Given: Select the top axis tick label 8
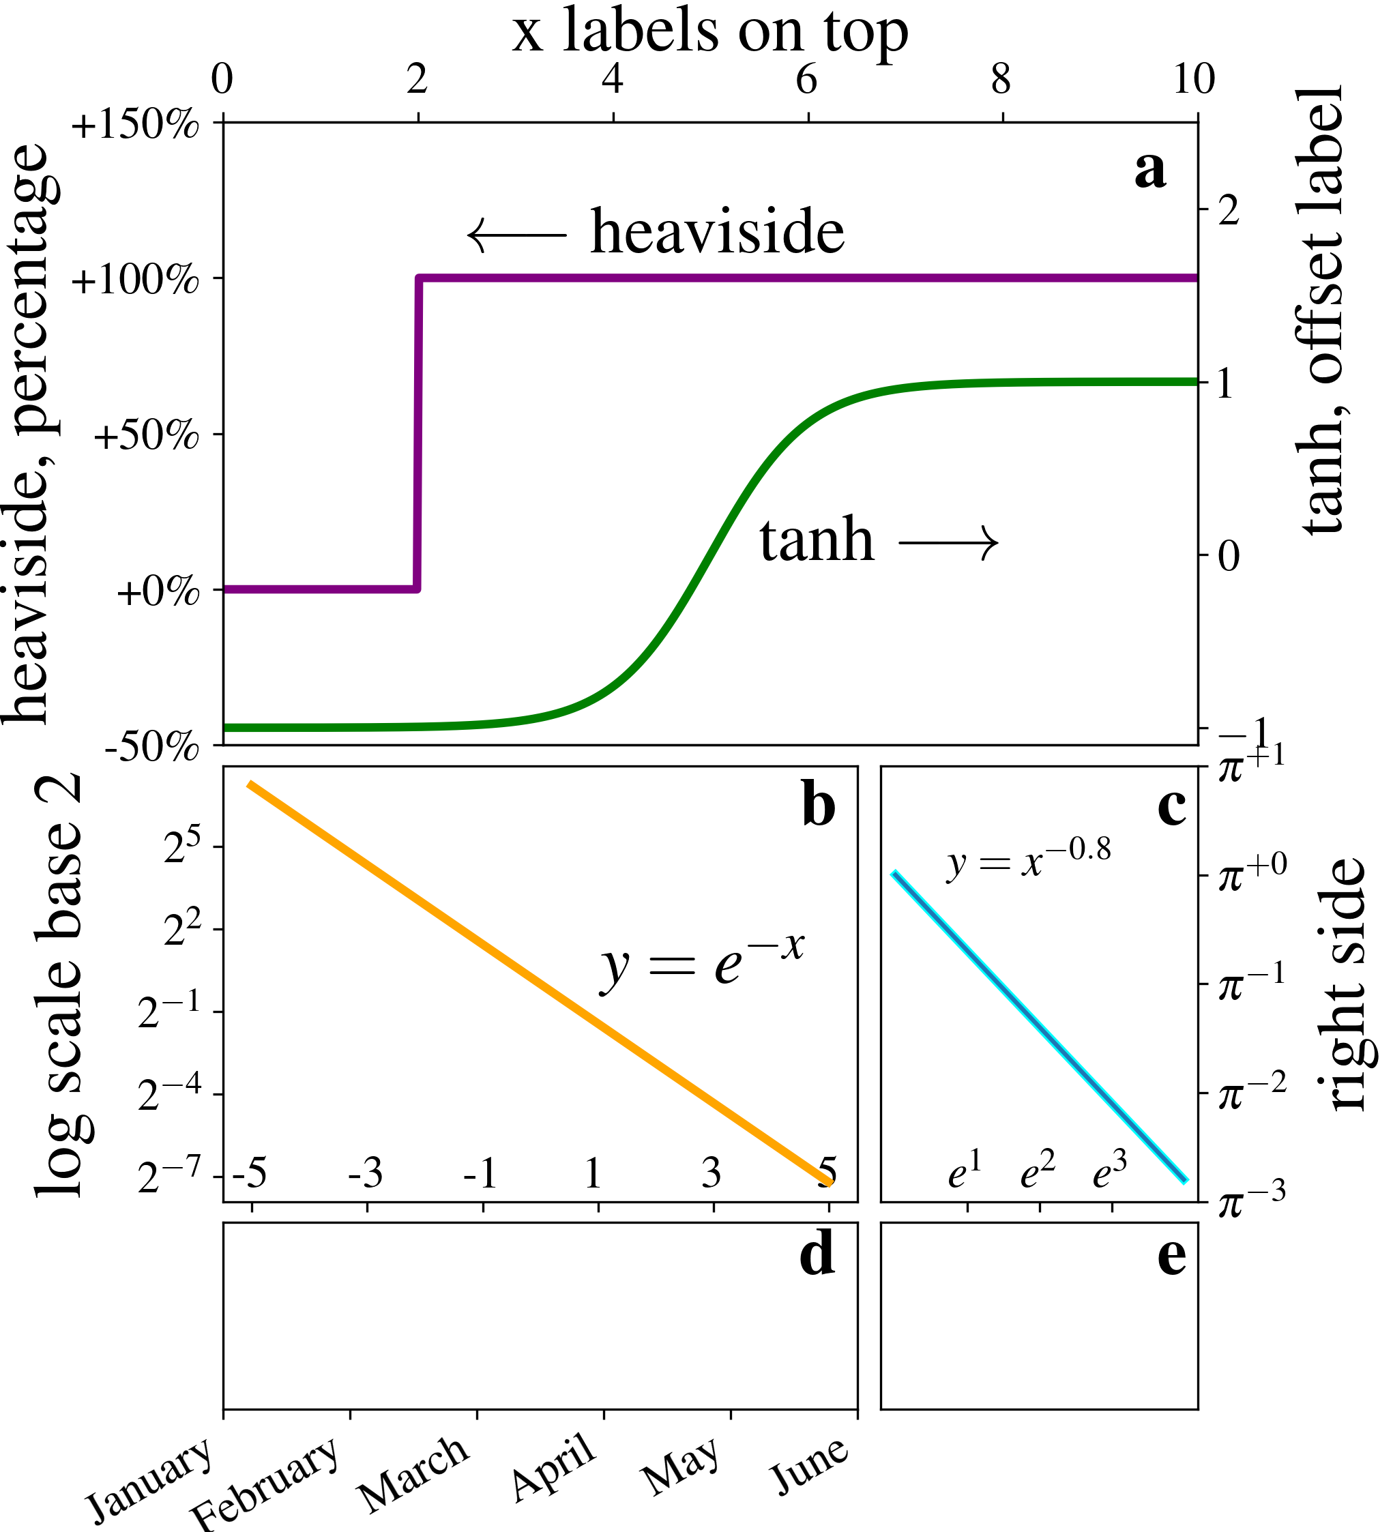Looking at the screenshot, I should coord(1001,79).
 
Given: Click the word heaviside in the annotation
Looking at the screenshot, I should coord(718,231).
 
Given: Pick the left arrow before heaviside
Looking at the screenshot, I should coord(517,235).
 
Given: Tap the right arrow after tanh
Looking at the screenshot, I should coord(948,542).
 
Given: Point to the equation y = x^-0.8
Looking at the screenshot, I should coord(1028,861).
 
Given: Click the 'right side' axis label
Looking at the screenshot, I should coord(1348,985).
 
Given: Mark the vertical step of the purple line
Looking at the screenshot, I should coord(418,433).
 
